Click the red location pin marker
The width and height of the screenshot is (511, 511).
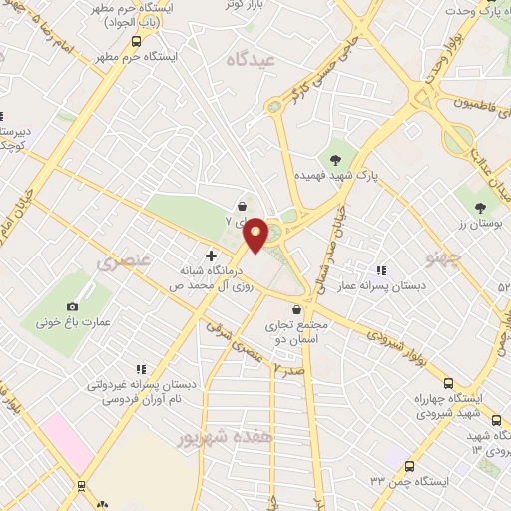coord(255,234)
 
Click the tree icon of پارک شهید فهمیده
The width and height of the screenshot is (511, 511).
coord(336,156)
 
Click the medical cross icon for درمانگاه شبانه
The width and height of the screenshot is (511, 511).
coord(211,255)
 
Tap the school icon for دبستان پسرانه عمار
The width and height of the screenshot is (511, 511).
coord(380,269)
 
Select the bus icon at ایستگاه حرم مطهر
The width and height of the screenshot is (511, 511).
coord(136,41)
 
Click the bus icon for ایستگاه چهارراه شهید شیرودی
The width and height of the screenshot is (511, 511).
coord(448,383)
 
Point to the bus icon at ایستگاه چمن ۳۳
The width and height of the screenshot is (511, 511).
coord(409,465)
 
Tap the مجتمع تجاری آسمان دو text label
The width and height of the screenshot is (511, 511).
coord(288,333)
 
